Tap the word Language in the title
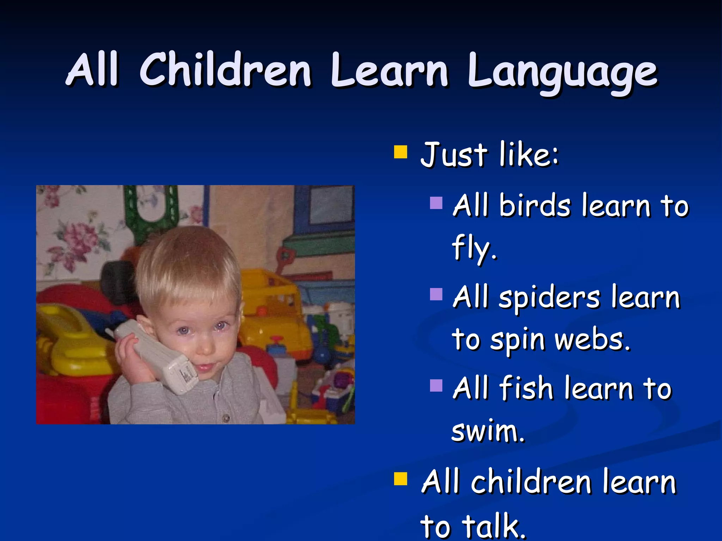tap(562, 72)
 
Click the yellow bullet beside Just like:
tap(400, 153)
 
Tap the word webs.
tap(592, 340)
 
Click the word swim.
tap(488, 431)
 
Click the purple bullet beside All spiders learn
tap(436, 294)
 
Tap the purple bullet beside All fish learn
tap(436, 385)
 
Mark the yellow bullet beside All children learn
tap(400, 479)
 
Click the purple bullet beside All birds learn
tap(436, 203)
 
